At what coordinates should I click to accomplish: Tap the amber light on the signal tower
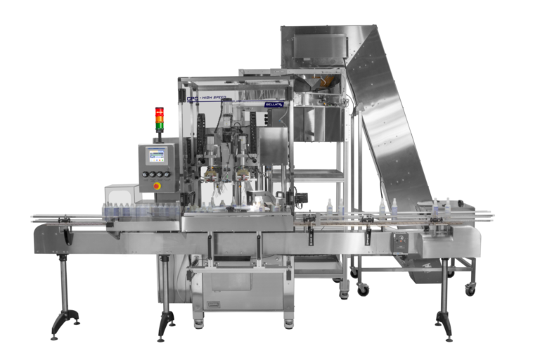tap(160, 120)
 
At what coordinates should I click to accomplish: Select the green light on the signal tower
tap(160, 127)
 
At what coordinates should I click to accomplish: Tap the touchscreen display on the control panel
tap(155, 155)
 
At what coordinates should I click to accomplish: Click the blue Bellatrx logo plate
tap(274, 104)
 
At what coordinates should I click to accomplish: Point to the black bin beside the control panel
tap(120, 193)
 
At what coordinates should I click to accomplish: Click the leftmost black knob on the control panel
tap(145, 174)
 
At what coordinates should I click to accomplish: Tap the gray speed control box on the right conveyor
tap(400, 243)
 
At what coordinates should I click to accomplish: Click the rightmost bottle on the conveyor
tap(447, 207)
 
